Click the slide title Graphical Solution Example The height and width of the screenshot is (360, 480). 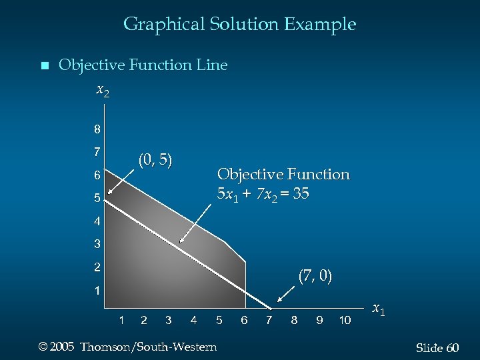(x=239, y=25)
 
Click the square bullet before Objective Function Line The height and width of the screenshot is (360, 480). (x=45, y=66)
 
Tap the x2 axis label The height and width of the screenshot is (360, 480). (x=103, y=89)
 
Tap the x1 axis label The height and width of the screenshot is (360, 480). (x=378, y=309)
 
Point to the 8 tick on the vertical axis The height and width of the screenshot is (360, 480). (x=97, y=129)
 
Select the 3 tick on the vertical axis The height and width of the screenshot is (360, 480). (x=97, y=244)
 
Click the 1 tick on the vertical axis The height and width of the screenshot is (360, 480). (x=97, y=291)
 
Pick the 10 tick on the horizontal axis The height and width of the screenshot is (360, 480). (x=345, y=321)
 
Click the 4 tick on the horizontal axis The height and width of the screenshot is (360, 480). (x=193, y=321)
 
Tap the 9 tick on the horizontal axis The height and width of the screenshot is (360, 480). (x=319, y=321)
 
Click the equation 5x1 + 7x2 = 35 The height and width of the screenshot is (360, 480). (x=263, y=195)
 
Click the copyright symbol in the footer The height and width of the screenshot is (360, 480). (x=44, y=347)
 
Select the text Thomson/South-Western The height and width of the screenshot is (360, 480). (x=148, y=347)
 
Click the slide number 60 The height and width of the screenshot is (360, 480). (x=453, y=349)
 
